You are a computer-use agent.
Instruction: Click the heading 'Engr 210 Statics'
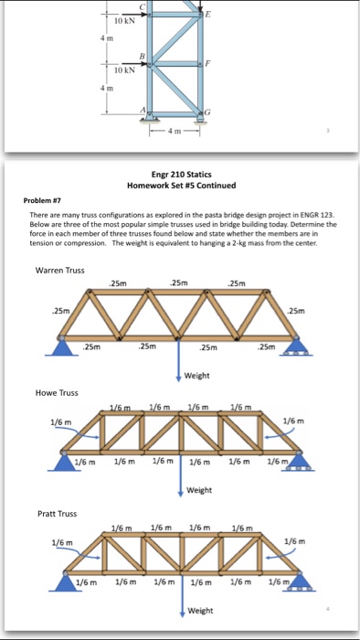click(182, 175)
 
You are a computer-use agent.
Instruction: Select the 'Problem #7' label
click(42, 200)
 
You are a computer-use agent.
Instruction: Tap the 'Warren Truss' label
click(60, 271)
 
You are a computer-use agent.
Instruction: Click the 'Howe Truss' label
click(57, 393)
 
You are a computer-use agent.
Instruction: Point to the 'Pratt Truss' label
click(57, 514)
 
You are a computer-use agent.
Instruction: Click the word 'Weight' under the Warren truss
click(197, 376)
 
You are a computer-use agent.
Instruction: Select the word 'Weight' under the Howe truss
click(199, 490)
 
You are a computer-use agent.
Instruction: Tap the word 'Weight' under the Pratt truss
click(201, 611)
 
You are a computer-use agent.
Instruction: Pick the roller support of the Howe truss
click(300, 463)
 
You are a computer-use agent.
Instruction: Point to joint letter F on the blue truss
click(208, 64)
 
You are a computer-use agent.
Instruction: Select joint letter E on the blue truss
click(208, 15)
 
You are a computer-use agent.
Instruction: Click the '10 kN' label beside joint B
click(124, 70)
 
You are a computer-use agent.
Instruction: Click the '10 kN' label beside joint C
click(124, 21)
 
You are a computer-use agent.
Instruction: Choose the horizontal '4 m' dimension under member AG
click(175, 131)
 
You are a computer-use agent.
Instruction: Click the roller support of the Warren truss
click(296, 347)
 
